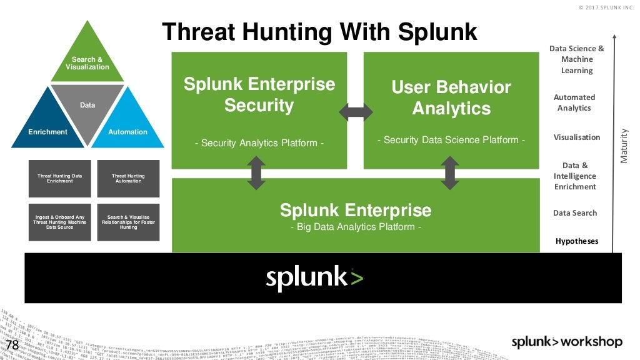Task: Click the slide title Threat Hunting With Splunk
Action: (319, 31)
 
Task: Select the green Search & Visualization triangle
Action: (87, 59)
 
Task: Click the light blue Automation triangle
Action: (128, 127)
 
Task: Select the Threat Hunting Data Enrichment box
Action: (59, 179)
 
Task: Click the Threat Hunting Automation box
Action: (128, 179)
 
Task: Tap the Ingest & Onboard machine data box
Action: (59, 222)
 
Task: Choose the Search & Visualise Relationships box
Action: (128, 222)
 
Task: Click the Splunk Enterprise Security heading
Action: (259, 94)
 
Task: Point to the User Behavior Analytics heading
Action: (451, 97)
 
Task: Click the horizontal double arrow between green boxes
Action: (355, 112)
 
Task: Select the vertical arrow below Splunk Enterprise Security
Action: (256, 173)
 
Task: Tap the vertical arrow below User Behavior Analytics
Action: (449, 173)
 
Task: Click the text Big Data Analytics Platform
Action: (356, 227)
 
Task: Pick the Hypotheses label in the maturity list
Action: (576, 241)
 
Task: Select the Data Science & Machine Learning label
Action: (576, 59)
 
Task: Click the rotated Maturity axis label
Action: (623, 146)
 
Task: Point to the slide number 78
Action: (12, 346)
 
